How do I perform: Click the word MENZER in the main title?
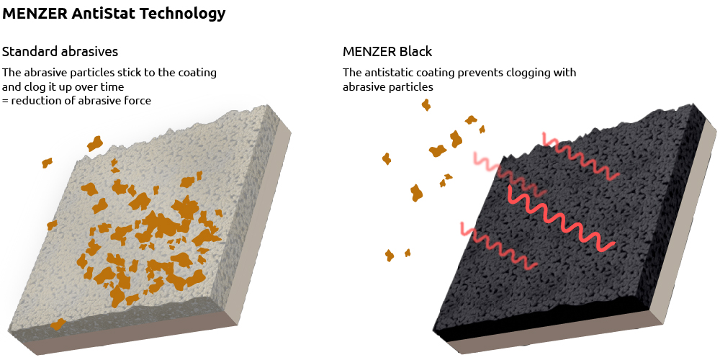click(x=35, y=13)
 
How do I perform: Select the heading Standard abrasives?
click(x=60, y=52)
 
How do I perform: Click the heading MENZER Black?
click(x=387, y=52)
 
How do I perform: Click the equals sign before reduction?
click(x=6, y=101)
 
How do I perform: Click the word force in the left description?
click(x=136, y=101)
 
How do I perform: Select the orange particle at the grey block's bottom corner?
click(x=58, y=325)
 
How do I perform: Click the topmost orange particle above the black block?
click(x=426, y=105)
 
